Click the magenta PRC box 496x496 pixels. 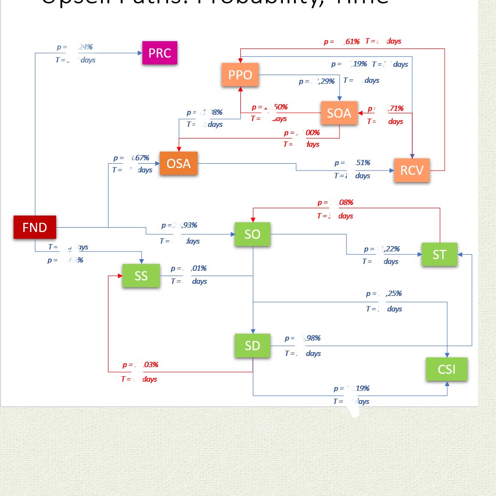[x=160, y=53]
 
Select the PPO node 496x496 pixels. [x=241, y=75]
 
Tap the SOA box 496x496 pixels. [x=339, y=113]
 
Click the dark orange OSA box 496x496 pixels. [x=178, y=164]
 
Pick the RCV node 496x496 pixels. [x=412, y=170]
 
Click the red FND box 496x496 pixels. [x=35, y=227]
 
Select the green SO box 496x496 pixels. [x=252, y=234]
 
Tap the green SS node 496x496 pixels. [x=141, y=276]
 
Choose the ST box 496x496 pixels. [x=439, y=254]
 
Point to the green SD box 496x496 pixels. [x=252, y=345]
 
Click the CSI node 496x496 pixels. [x=447, y=370]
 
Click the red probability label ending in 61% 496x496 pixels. [x=342, y=42]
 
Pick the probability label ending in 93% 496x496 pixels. [x=179, y=225]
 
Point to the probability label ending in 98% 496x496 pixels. [x=302, y=338]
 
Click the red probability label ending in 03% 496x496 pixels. [x=140, y=365]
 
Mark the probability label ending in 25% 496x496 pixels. [x=384, y=294]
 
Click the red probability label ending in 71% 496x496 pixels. [x=386, y=108]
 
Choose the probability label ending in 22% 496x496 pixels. [x=382, y=249]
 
